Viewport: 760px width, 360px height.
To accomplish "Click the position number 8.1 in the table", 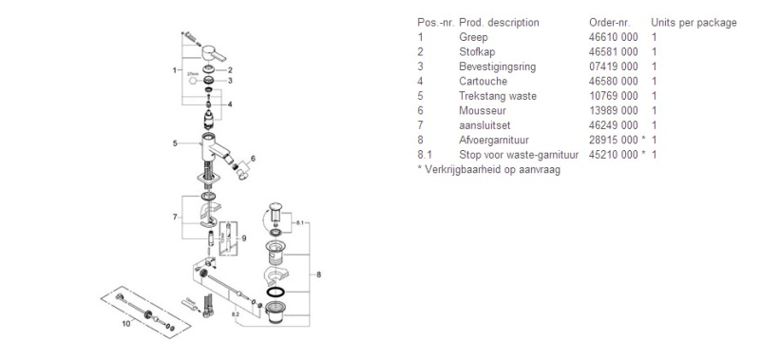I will tap(425, 154).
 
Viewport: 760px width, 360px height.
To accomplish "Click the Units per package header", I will tap(693, 21).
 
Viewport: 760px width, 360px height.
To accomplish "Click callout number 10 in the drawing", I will tap(125, 322).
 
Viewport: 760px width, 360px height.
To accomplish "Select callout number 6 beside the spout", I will tap(253, 158).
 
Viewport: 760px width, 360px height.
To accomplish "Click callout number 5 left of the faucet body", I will tap(176, 143).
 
